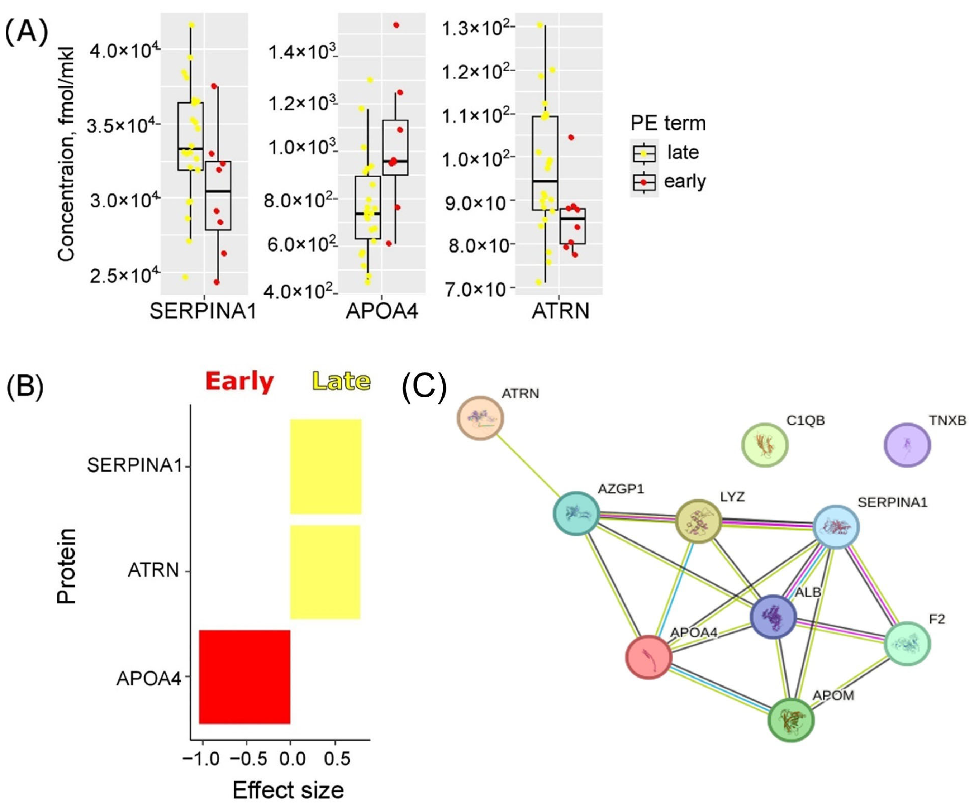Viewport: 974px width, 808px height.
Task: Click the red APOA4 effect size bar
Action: pos(244,676)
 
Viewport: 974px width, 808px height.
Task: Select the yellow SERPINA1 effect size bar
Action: pos(326,467)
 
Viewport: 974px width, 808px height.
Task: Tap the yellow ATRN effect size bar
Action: pos(325,572)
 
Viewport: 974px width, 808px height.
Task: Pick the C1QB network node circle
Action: pos(765,445)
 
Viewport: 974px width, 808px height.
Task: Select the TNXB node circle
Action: pos(907,445)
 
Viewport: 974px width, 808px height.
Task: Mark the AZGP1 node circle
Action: pos(576,513)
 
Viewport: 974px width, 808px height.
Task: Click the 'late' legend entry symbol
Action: pos(644,153)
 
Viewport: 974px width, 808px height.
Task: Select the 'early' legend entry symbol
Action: pos(644,182)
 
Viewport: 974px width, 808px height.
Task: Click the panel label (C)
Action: pos(424,388)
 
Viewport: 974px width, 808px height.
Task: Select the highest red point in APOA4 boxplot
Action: pos(396,25)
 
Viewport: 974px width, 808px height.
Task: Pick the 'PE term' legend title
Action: pos(668,123)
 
